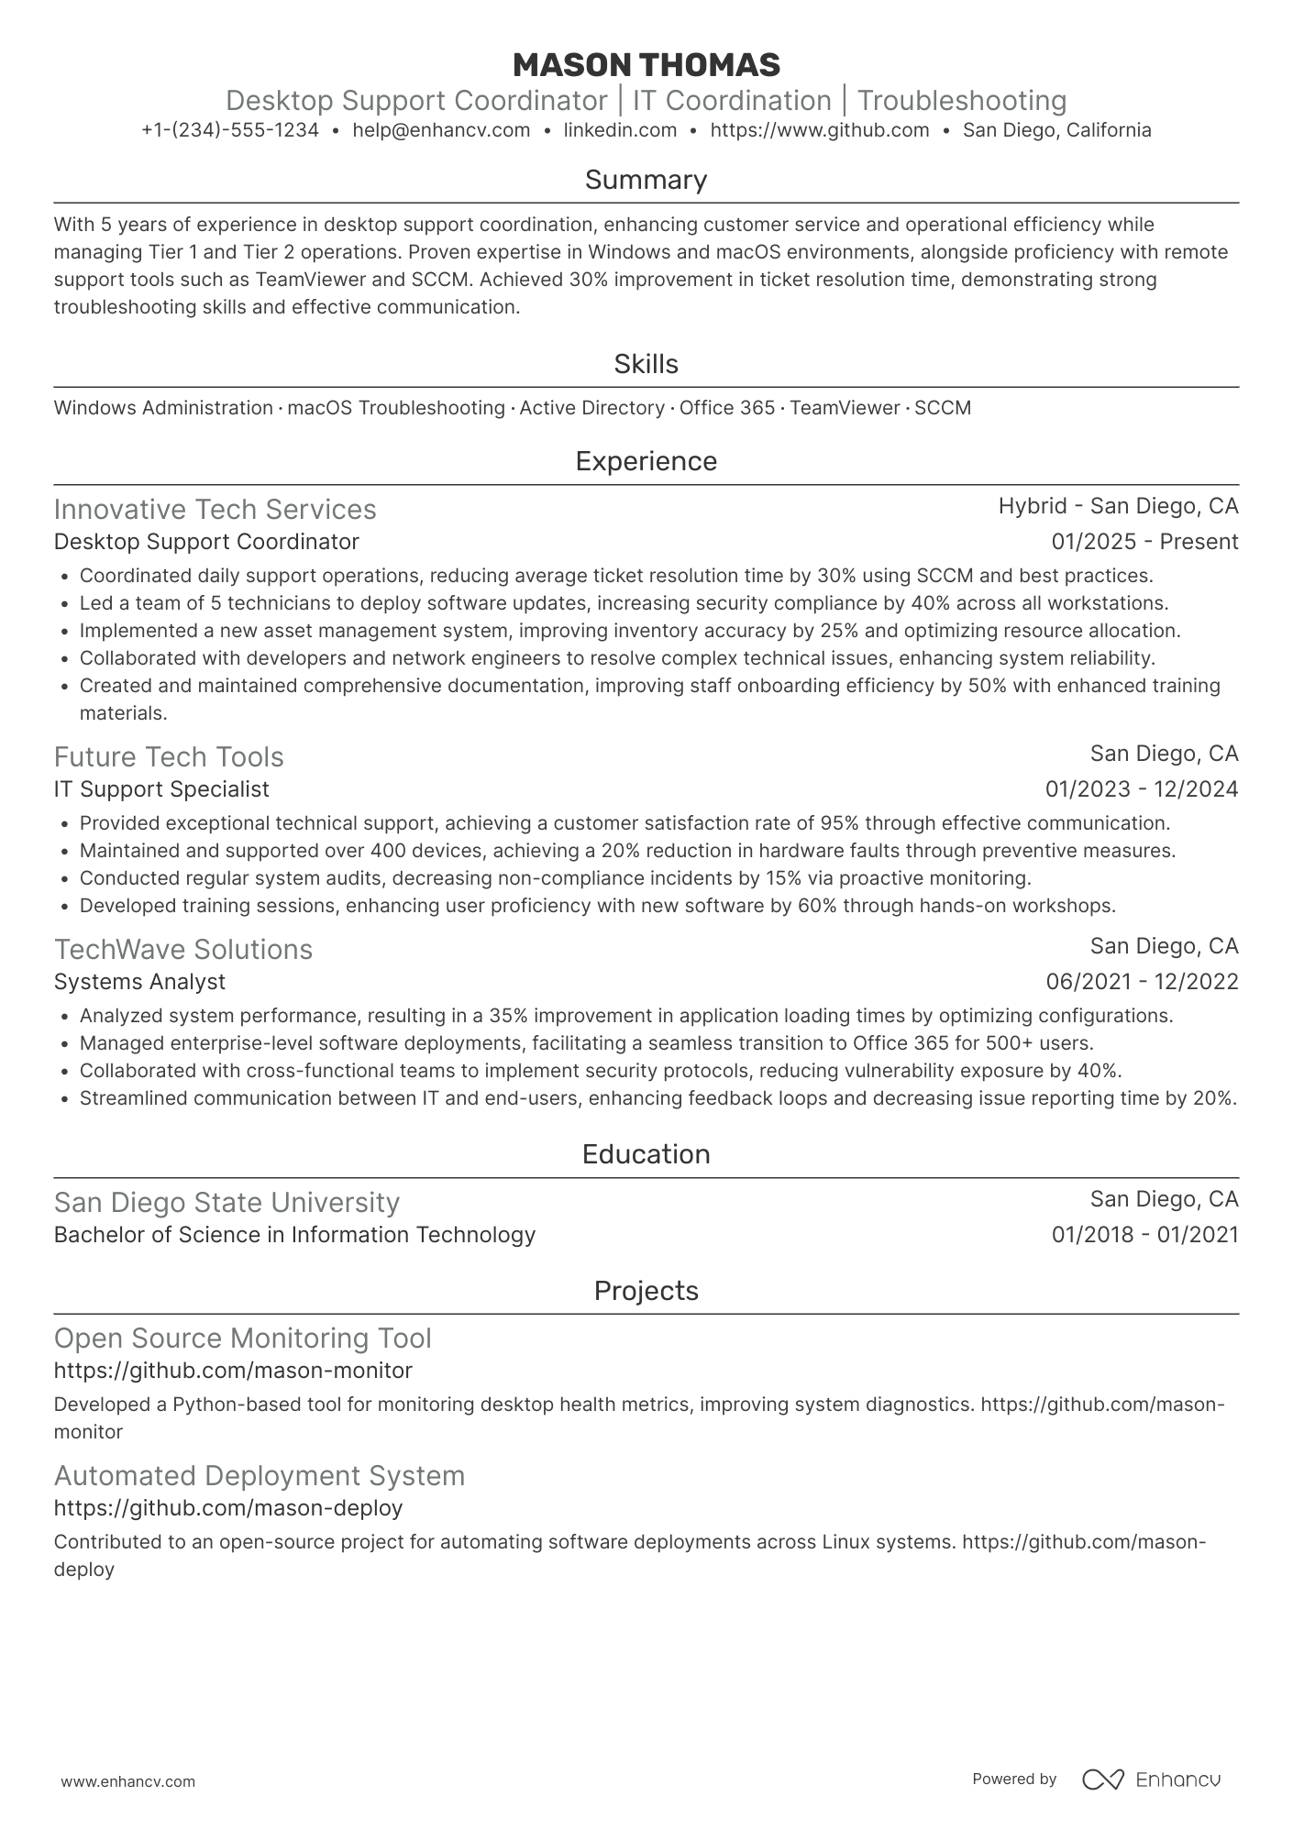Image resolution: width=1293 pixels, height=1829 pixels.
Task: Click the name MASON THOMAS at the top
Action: (646, 65)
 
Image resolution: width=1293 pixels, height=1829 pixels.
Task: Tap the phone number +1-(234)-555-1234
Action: (230, 130)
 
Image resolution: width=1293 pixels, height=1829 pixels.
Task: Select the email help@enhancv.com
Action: (441, 130)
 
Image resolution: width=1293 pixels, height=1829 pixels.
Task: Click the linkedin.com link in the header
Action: (620, 130)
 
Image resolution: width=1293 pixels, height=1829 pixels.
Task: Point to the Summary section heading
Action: (646, 180)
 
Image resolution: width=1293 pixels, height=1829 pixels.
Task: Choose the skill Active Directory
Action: (591, 408)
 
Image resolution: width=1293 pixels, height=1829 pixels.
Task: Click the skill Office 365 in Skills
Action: (727, 408)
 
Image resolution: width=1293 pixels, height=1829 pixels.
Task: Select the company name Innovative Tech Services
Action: (215, 510)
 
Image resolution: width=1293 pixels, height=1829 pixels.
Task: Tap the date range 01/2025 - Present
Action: (1144, 542)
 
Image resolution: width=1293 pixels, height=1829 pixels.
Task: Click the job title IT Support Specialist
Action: (161, 789)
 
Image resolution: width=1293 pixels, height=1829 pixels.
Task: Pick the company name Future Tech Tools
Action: (169, 757)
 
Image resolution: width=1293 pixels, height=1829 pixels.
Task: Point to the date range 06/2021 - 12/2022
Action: (1142, 982)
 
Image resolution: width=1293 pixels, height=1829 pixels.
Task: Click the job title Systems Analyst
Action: (139, 982)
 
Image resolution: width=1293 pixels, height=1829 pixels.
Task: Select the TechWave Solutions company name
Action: (183, 950)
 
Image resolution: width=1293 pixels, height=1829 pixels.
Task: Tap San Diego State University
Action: (227, 1203)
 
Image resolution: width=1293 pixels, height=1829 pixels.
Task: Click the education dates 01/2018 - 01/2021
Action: (1144, 1235)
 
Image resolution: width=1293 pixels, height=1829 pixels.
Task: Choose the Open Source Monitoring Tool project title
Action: (242, 1339)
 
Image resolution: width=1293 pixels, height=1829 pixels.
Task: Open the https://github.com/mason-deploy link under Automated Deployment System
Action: (228, 1508)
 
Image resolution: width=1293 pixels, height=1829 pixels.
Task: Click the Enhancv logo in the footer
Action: (1151, 1779)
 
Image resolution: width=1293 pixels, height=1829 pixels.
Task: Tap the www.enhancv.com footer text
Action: (127, 1782)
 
